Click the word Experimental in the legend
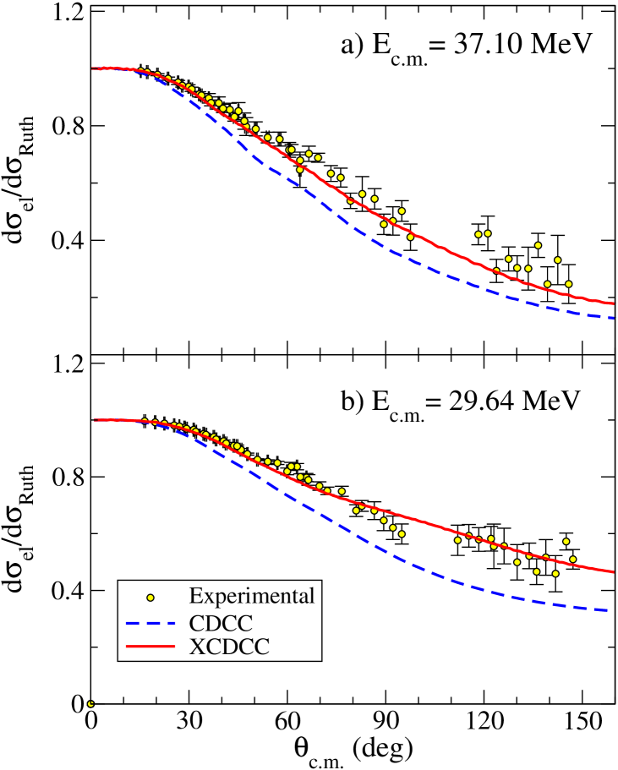pyautogui.click(x=252, y=596)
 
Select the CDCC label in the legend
pyautogui.click(x=221, y=623)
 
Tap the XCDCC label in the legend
pyautogui.click(x=230, y=647)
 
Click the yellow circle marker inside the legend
pyautogui.click(x=150, y=598)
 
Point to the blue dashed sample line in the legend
pyautogui.click(x=150, y=624)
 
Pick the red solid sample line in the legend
pyautogui.click(x=150, y=648)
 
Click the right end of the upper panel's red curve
pyautogui.click(x=612, y=303)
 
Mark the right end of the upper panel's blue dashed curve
pyautogui.click(x=612, y=318)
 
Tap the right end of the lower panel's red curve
pyautogui.click(x=612, y=572)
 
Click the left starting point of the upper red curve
pyautogui.click(x=93, y=68)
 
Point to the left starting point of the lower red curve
pyautogui.click(x=96, y=420)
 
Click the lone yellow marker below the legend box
pyautogui.click(x=90, y=703)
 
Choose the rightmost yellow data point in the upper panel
pyautogui.click(x=568, y=284)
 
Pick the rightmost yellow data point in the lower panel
pyautogui.click(x=572, y=559)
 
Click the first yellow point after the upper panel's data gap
pyautogui.click(x=478, y=234)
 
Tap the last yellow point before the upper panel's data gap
pyautogui.click(x=411, y=237)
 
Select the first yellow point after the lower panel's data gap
pyautogui.click(x=457, y=540)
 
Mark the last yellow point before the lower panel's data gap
pyautogui.click(x=402, y=534)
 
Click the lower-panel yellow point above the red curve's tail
pyautogui.click(x=566, y=541)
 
